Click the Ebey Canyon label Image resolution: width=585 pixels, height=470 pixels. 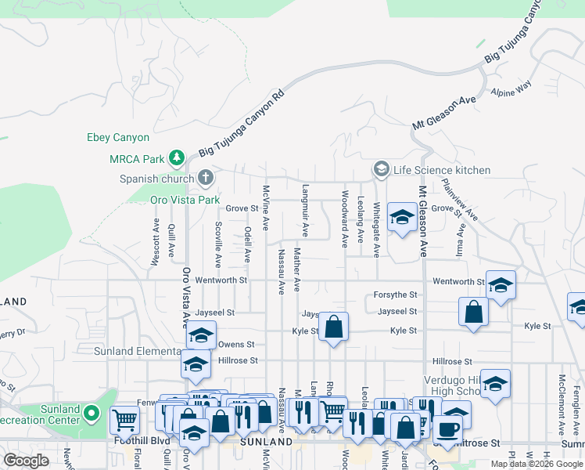point(117,138)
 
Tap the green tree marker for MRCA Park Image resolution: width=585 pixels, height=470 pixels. point(178,159)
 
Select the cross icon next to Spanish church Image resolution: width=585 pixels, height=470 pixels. point(206,178)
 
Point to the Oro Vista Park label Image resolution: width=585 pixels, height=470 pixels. point(185,200)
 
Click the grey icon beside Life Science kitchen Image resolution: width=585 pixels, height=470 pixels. point(381,169)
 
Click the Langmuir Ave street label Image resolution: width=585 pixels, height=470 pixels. point(305,211)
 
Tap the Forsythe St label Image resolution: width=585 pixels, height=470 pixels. point(396,295)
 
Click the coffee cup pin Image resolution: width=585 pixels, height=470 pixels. point(447,429)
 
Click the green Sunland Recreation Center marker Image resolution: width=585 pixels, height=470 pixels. point(92,413)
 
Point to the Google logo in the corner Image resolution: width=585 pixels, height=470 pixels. point(25,460)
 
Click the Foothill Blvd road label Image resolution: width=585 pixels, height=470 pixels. point(149,441)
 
